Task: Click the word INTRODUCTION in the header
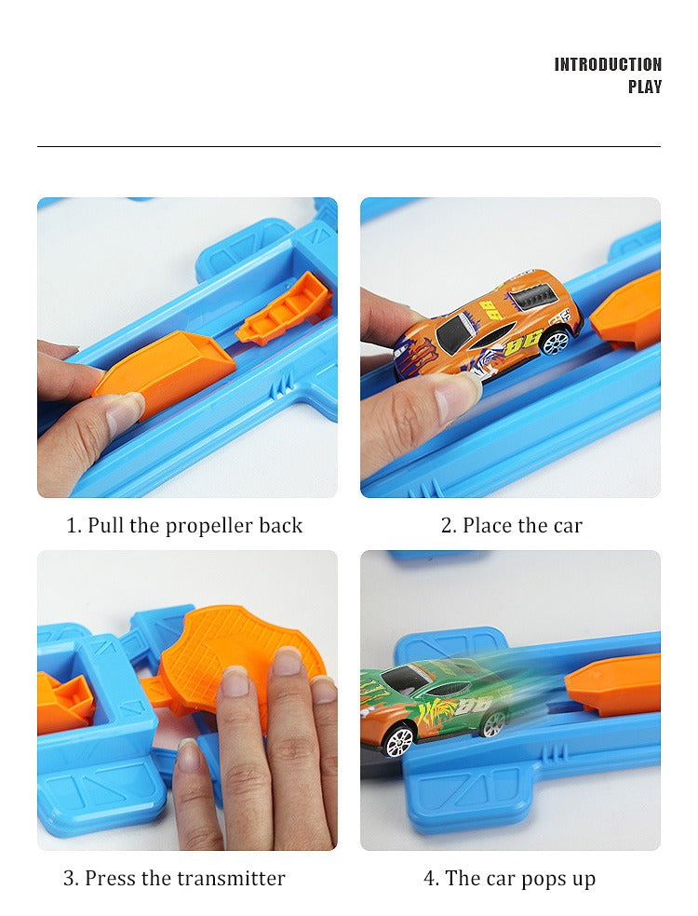[x=608, y=64]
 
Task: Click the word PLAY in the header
[x=644, y=88]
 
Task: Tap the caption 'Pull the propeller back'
[x=184, y=525]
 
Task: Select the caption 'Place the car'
[x=511, y=525]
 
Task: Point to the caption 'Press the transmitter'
[x=174, y=878]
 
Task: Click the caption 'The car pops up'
[x=509, y=878]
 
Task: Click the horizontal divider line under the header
[x=349, y=146]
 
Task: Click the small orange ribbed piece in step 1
[x=285, y=307]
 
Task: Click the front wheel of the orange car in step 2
[x=555, y=343]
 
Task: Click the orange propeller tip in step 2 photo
[x=629, y=312]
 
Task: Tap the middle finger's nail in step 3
[x=287, y=661]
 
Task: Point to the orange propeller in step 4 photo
[x=614, y=684]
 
